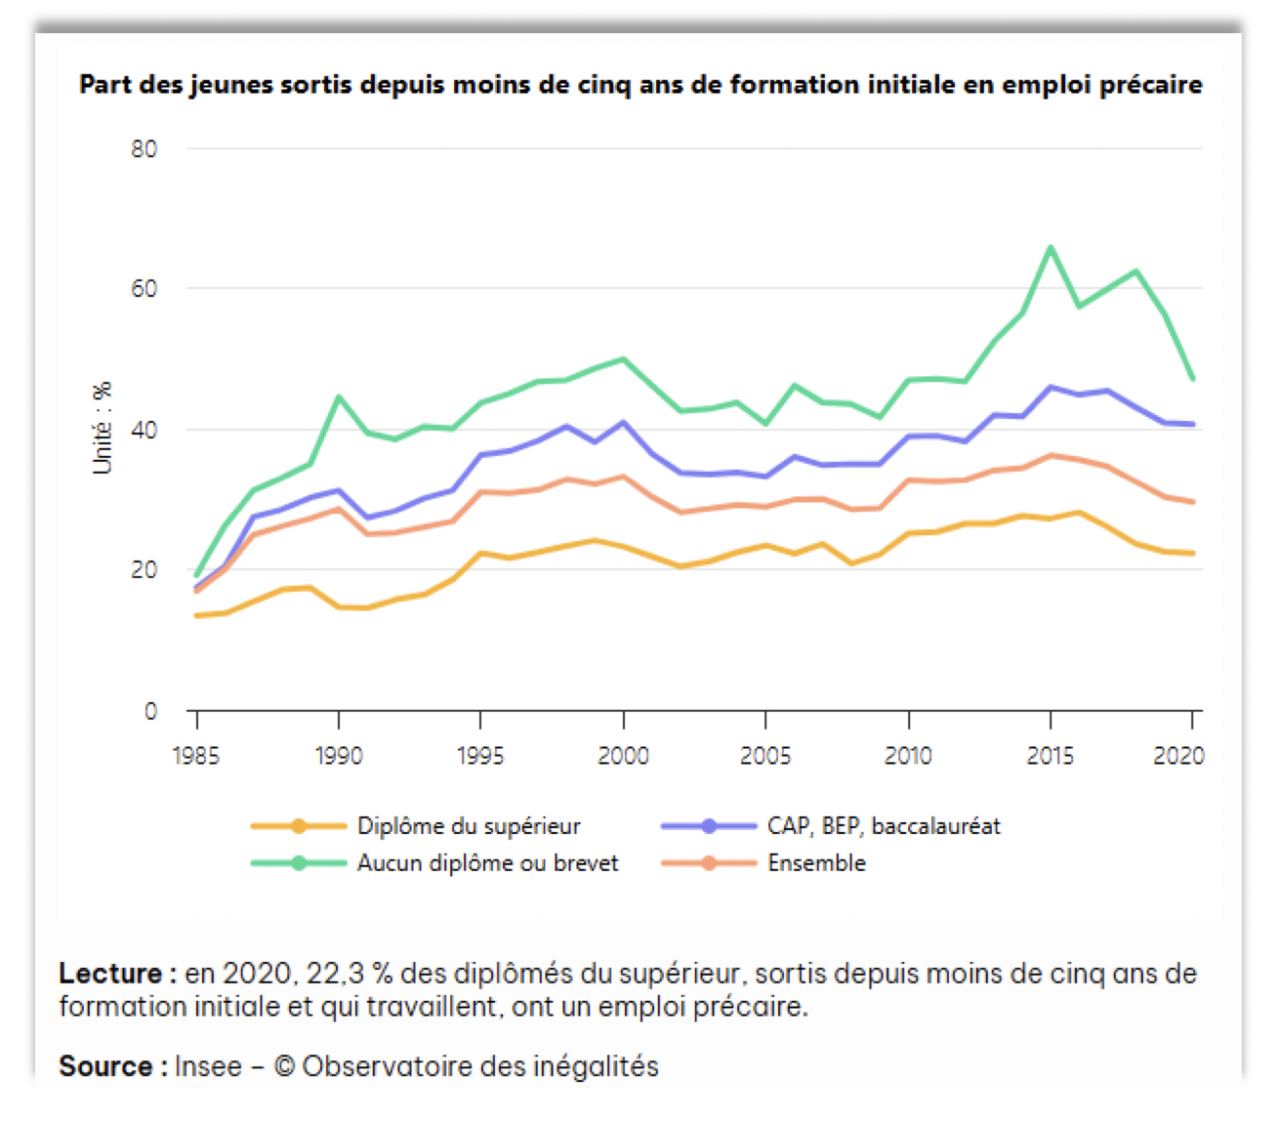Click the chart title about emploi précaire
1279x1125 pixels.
click(640, 85)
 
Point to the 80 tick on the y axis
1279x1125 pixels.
click(144, 149)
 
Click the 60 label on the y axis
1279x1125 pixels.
click(144, 289)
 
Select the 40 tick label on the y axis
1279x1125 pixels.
click(144, 430)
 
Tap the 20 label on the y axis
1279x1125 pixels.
click(144, 570)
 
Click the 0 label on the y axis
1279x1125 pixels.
click(150, 711)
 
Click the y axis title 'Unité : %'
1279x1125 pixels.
click(103, 428)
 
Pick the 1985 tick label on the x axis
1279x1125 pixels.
click(196, 756)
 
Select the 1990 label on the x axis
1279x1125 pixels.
click(339, 756)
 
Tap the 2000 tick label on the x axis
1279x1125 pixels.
click(623, 756)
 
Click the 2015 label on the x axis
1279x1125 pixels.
click(1051, 756)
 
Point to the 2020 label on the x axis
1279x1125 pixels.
click(1179, 756)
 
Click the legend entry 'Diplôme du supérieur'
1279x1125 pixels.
click(469, 826)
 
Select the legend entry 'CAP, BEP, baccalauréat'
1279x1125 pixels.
click(884, 826)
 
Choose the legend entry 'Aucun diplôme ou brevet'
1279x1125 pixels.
click(487, 863)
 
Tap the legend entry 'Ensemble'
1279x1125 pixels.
click(816, 863)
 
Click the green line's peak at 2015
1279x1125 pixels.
click(1051, 247)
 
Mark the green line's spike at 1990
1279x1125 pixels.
click(339, 396)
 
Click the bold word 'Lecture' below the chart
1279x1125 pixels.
click(110, 974)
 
